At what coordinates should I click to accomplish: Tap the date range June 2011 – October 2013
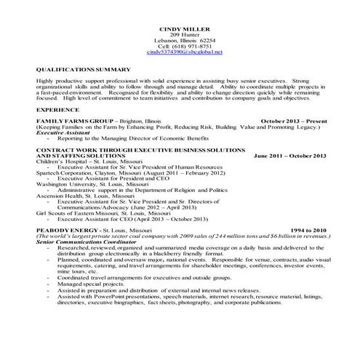pyautogui.click(x=289, y=156)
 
